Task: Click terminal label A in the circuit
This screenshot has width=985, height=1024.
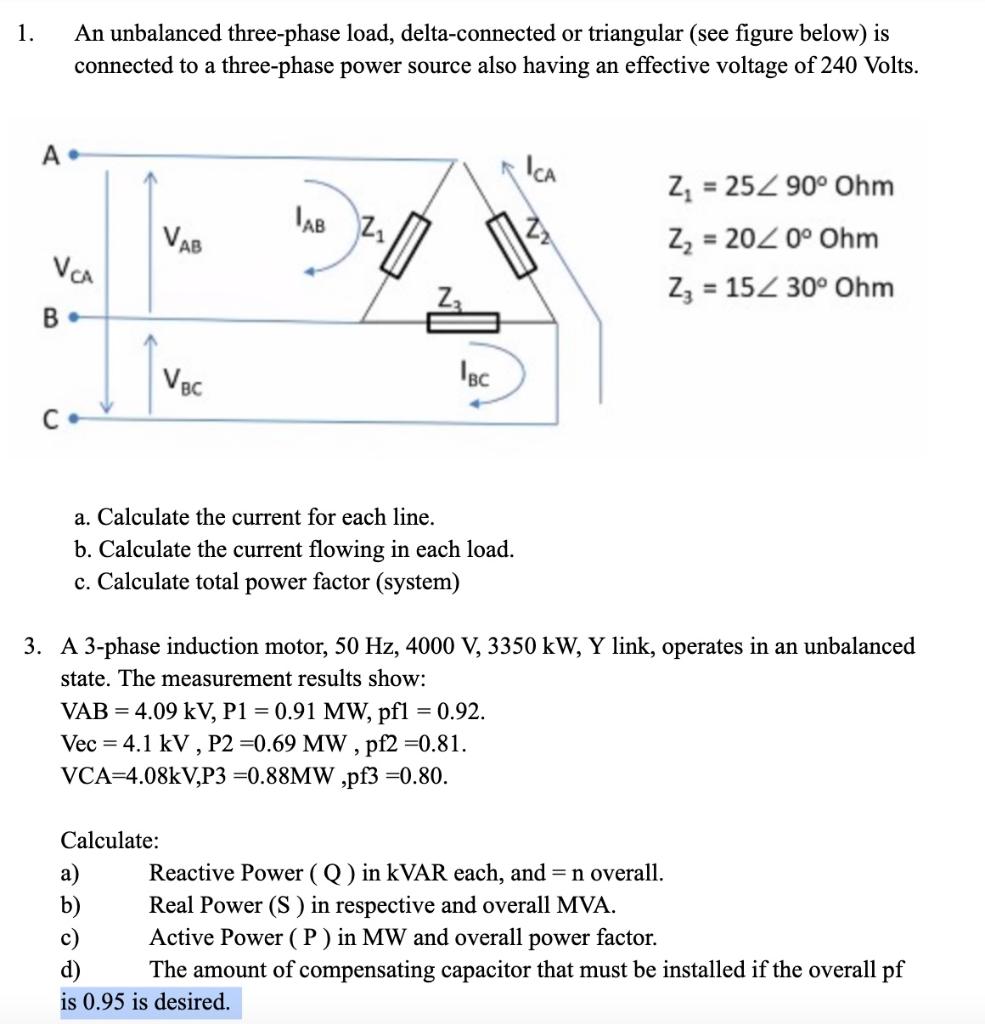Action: coord(48,154)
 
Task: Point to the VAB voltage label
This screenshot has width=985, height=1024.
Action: coord(183,240)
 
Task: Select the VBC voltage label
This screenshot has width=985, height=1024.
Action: coord(183,380)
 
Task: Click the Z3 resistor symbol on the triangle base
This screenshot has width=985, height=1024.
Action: coord(463,322)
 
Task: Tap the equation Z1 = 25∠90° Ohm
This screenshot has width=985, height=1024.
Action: coord(779,187)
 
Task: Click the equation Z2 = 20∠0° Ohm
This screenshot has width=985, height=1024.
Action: coord(771,239)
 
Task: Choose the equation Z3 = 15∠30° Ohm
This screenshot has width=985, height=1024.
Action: coord(779,288)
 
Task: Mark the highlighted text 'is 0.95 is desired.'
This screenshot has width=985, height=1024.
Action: coord(146,1001)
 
